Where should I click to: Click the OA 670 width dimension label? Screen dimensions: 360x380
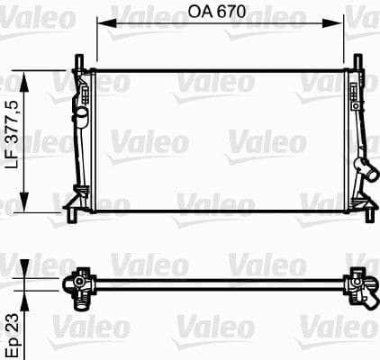220,12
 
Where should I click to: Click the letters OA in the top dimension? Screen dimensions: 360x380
200,12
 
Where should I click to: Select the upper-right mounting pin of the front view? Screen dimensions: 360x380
359,62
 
